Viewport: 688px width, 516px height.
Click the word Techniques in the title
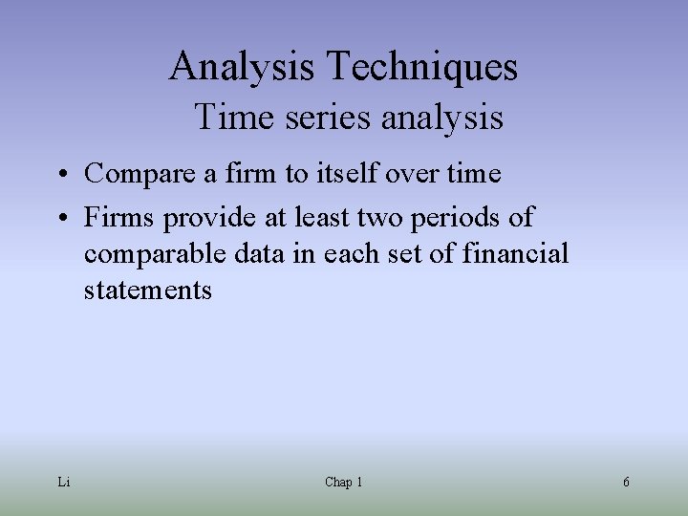pyautogui.click(x=423, y=67)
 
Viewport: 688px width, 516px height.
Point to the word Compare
pyautogui.click(x=135, y=175)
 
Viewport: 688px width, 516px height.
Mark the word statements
pyautogui.click(x=147, y=290)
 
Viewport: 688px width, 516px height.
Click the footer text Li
pyautogui.click(x=63, y=483)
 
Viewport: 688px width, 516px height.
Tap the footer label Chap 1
pyautogui.click(x=343, y=483)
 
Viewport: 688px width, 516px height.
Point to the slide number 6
pyautogui.click(x=626, y=483)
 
